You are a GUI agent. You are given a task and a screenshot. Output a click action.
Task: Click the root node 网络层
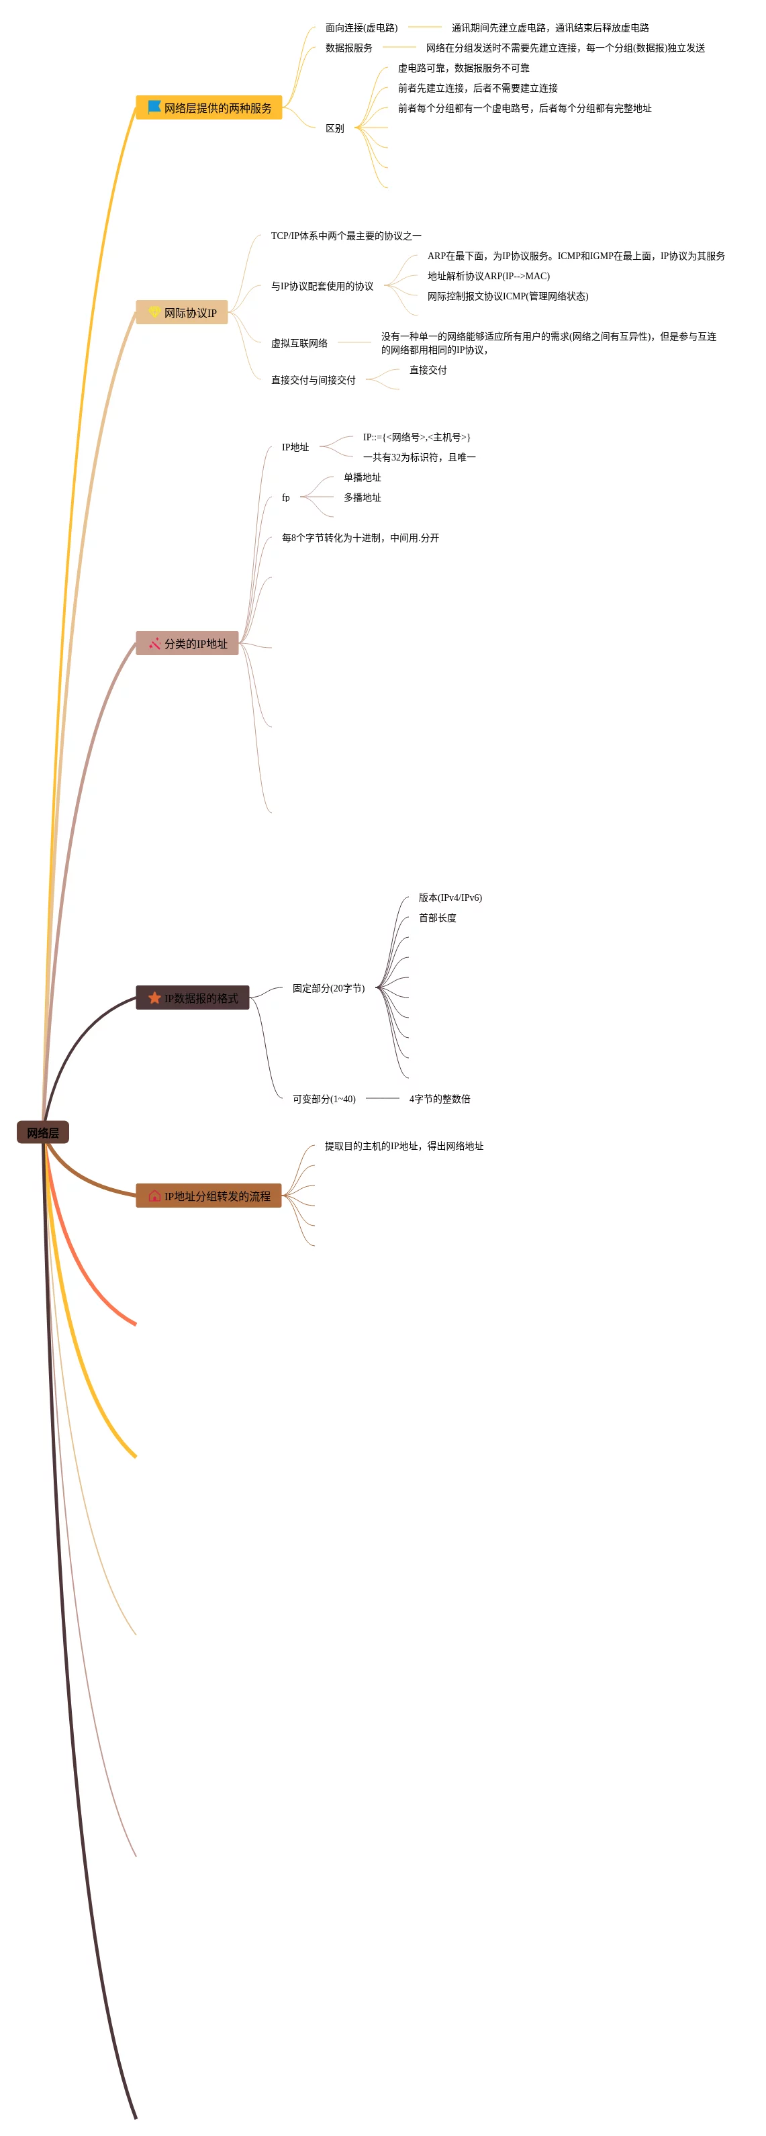42,1132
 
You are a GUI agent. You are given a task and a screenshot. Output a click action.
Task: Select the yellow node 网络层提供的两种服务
209,108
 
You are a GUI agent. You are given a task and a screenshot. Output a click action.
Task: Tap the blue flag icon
154,107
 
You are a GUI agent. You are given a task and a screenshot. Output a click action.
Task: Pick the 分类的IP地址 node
187,644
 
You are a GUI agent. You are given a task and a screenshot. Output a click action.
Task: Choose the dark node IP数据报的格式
193,998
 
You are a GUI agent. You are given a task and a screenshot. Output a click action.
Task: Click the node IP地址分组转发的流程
209,1196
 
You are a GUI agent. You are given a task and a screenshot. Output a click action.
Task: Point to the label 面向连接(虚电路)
361,28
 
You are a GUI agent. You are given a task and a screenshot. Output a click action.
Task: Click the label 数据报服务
349,48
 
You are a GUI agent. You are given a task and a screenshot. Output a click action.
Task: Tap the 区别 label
335,128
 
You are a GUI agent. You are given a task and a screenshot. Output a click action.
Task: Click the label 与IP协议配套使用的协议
322,286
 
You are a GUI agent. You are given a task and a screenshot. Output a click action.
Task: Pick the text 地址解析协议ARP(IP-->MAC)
488,276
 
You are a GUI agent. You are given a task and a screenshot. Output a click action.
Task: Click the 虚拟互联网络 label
299,342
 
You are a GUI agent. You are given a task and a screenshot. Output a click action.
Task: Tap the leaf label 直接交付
428,370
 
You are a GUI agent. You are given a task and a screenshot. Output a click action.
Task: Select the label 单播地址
363,478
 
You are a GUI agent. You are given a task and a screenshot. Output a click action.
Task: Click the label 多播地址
363,497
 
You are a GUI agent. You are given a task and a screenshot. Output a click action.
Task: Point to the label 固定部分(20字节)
328,988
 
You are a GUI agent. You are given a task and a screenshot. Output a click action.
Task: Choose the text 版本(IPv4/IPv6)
450,897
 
